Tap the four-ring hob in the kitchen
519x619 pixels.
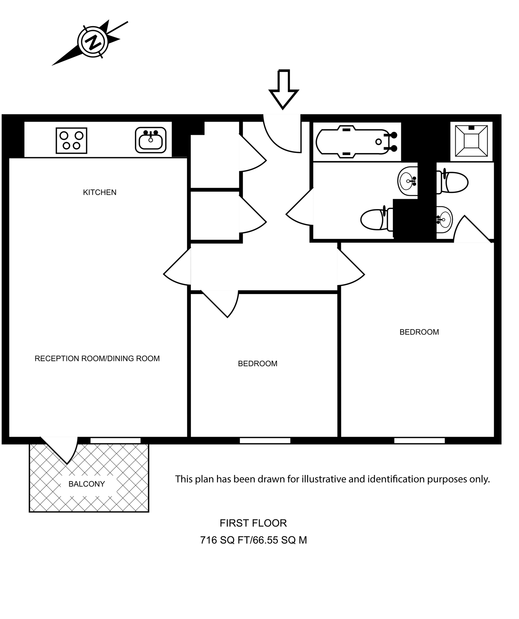click(71, 140)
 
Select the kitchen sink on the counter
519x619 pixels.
click(150, 140)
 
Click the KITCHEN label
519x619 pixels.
click(100, 192)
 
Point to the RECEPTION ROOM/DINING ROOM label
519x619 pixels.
click(97, 358)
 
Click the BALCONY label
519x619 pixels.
click(86, 484)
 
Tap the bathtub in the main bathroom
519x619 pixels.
click(356, 142)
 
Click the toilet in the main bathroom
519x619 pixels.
click(376, 219)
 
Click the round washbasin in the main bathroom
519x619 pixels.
click(408, 181)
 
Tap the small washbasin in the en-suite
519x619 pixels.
click(444, 219)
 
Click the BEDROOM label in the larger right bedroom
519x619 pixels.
click(419, 332)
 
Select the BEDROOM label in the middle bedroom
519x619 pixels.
click(257, 363)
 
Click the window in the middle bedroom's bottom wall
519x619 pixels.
click(265, 440)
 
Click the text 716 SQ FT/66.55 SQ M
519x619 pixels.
click(253, 540)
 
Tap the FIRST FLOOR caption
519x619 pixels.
click(253, 523)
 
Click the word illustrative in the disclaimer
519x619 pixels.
click(323, 479)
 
